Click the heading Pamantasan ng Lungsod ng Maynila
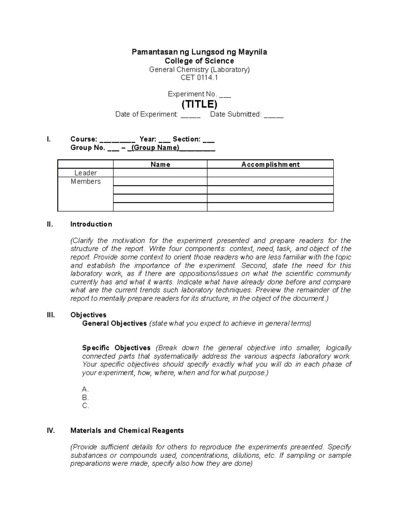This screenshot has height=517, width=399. pos(199,52)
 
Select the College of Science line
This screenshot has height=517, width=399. pos(199,61)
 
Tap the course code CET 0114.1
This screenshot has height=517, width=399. pos(199,78)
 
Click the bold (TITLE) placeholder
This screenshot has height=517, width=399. pos(199,104)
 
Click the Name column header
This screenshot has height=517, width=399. pos(160,164)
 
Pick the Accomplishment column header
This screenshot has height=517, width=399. pos(270,164)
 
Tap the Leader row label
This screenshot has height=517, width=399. pos(85,173)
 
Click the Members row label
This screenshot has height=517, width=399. pos(85,182)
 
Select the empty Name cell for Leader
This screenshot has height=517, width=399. pos(160,173)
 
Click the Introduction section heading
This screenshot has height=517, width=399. pos(91,224)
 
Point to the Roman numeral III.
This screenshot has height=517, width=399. pos(51,315)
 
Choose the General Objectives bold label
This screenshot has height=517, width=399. pos(114,324)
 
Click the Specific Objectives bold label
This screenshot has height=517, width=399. pos(116,348)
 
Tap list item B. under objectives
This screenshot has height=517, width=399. pos(85,398)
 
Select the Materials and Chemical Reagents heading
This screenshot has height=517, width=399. pos(127,431)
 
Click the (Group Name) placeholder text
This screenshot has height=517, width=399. pos(155,148)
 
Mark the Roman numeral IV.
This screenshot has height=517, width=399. pos(51,431)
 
